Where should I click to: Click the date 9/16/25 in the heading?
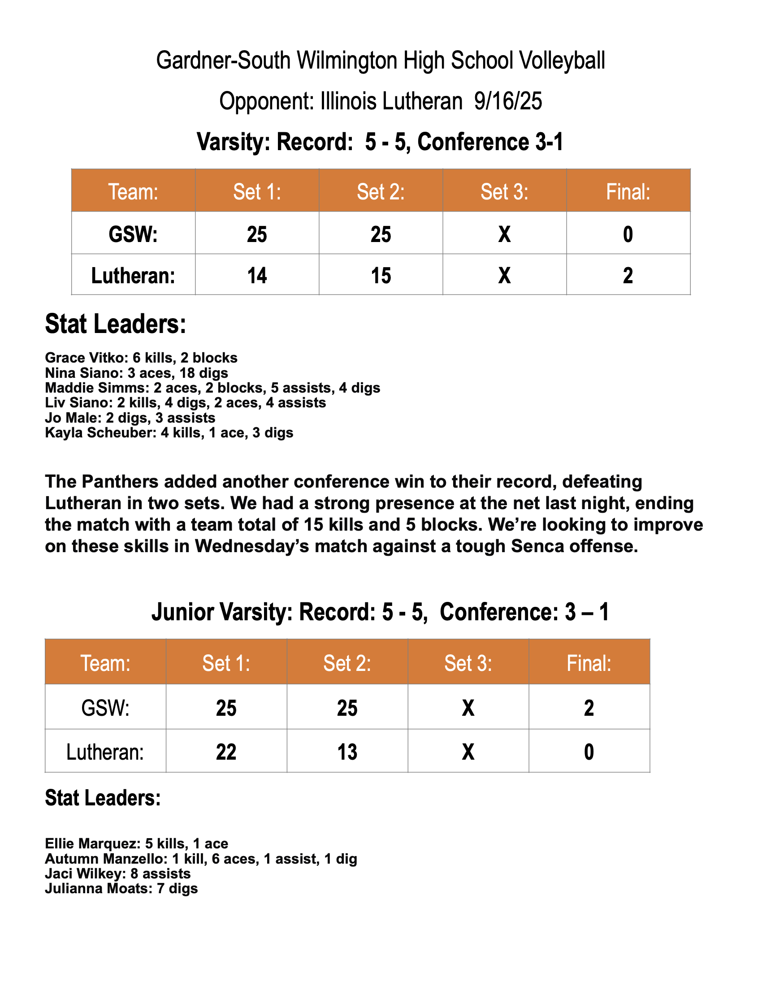point(508,101)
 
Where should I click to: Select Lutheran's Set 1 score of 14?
point(257,275)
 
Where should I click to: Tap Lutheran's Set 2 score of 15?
point(381,275)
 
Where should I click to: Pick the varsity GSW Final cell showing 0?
point(628,234)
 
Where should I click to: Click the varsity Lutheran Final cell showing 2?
point(628,275)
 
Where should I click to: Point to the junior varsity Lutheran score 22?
point(226,752)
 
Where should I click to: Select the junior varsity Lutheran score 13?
point(347,752)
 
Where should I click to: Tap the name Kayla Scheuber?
point(100,433)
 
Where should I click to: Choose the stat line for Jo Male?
point(130,418)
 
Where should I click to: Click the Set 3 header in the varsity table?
point(504,192)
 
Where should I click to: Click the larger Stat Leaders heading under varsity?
point(116,324)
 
